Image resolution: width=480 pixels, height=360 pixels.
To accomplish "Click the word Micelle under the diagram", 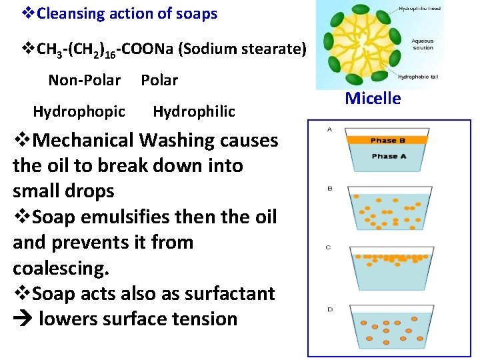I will (373, 99).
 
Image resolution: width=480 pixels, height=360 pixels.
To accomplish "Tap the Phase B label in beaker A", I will (388, 141).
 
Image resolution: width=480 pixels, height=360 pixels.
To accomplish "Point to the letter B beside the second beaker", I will (329, 189).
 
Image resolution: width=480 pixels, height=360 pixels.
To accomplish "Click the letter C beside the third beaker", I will (328, 247).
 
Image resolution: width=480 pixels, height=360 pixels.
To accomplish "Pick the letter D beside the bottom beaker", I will (329, 309).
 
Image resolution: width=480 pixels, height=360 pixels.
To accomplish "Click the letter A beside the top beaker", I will (329, 129).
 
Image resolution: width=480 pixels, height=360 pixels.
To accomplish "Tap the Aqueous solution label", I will (423, 45).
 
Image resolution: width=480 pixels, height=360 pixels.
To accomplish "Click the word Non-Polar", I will (85, 81).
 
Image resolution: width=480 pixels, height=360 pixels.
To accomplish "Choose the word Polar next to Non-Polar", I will (159, 81).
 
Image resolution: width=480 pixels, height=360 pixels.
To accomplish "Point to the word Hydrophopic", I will (79, 111).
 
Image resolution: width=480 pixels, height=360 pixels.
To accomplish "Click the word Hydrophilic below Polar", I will (194, 111).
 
